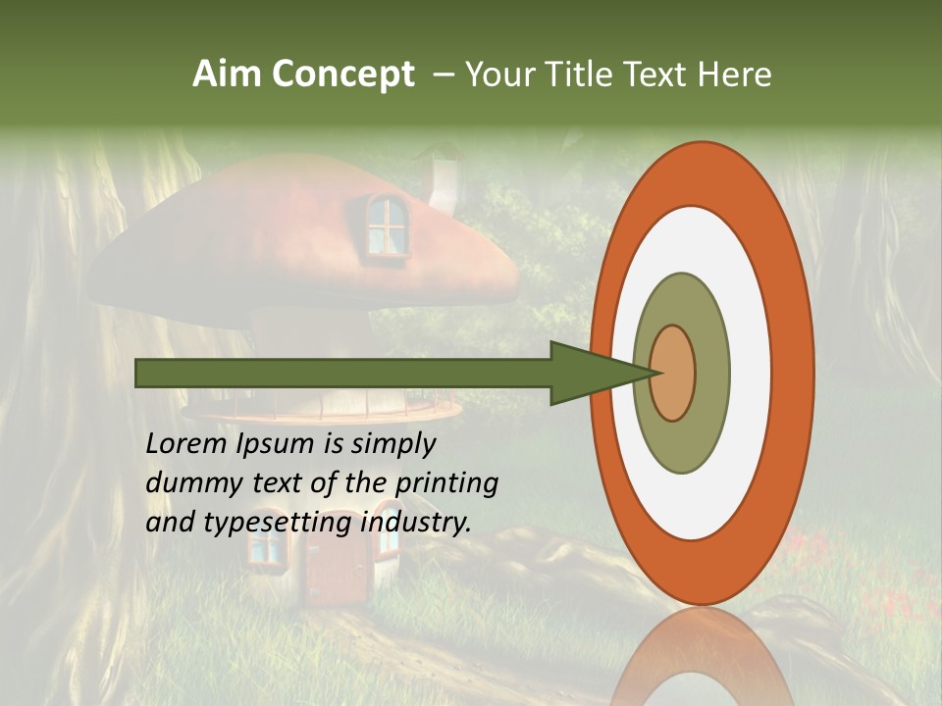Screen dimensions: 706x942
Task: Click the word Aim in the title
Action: [228, 75]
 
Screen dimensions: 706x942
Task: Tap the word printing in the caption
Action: [445, 483]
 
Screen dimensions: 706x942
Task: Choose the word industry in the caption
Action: [416, 523]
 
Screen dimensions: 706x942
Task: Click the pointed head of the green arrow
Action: [599, 373]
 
